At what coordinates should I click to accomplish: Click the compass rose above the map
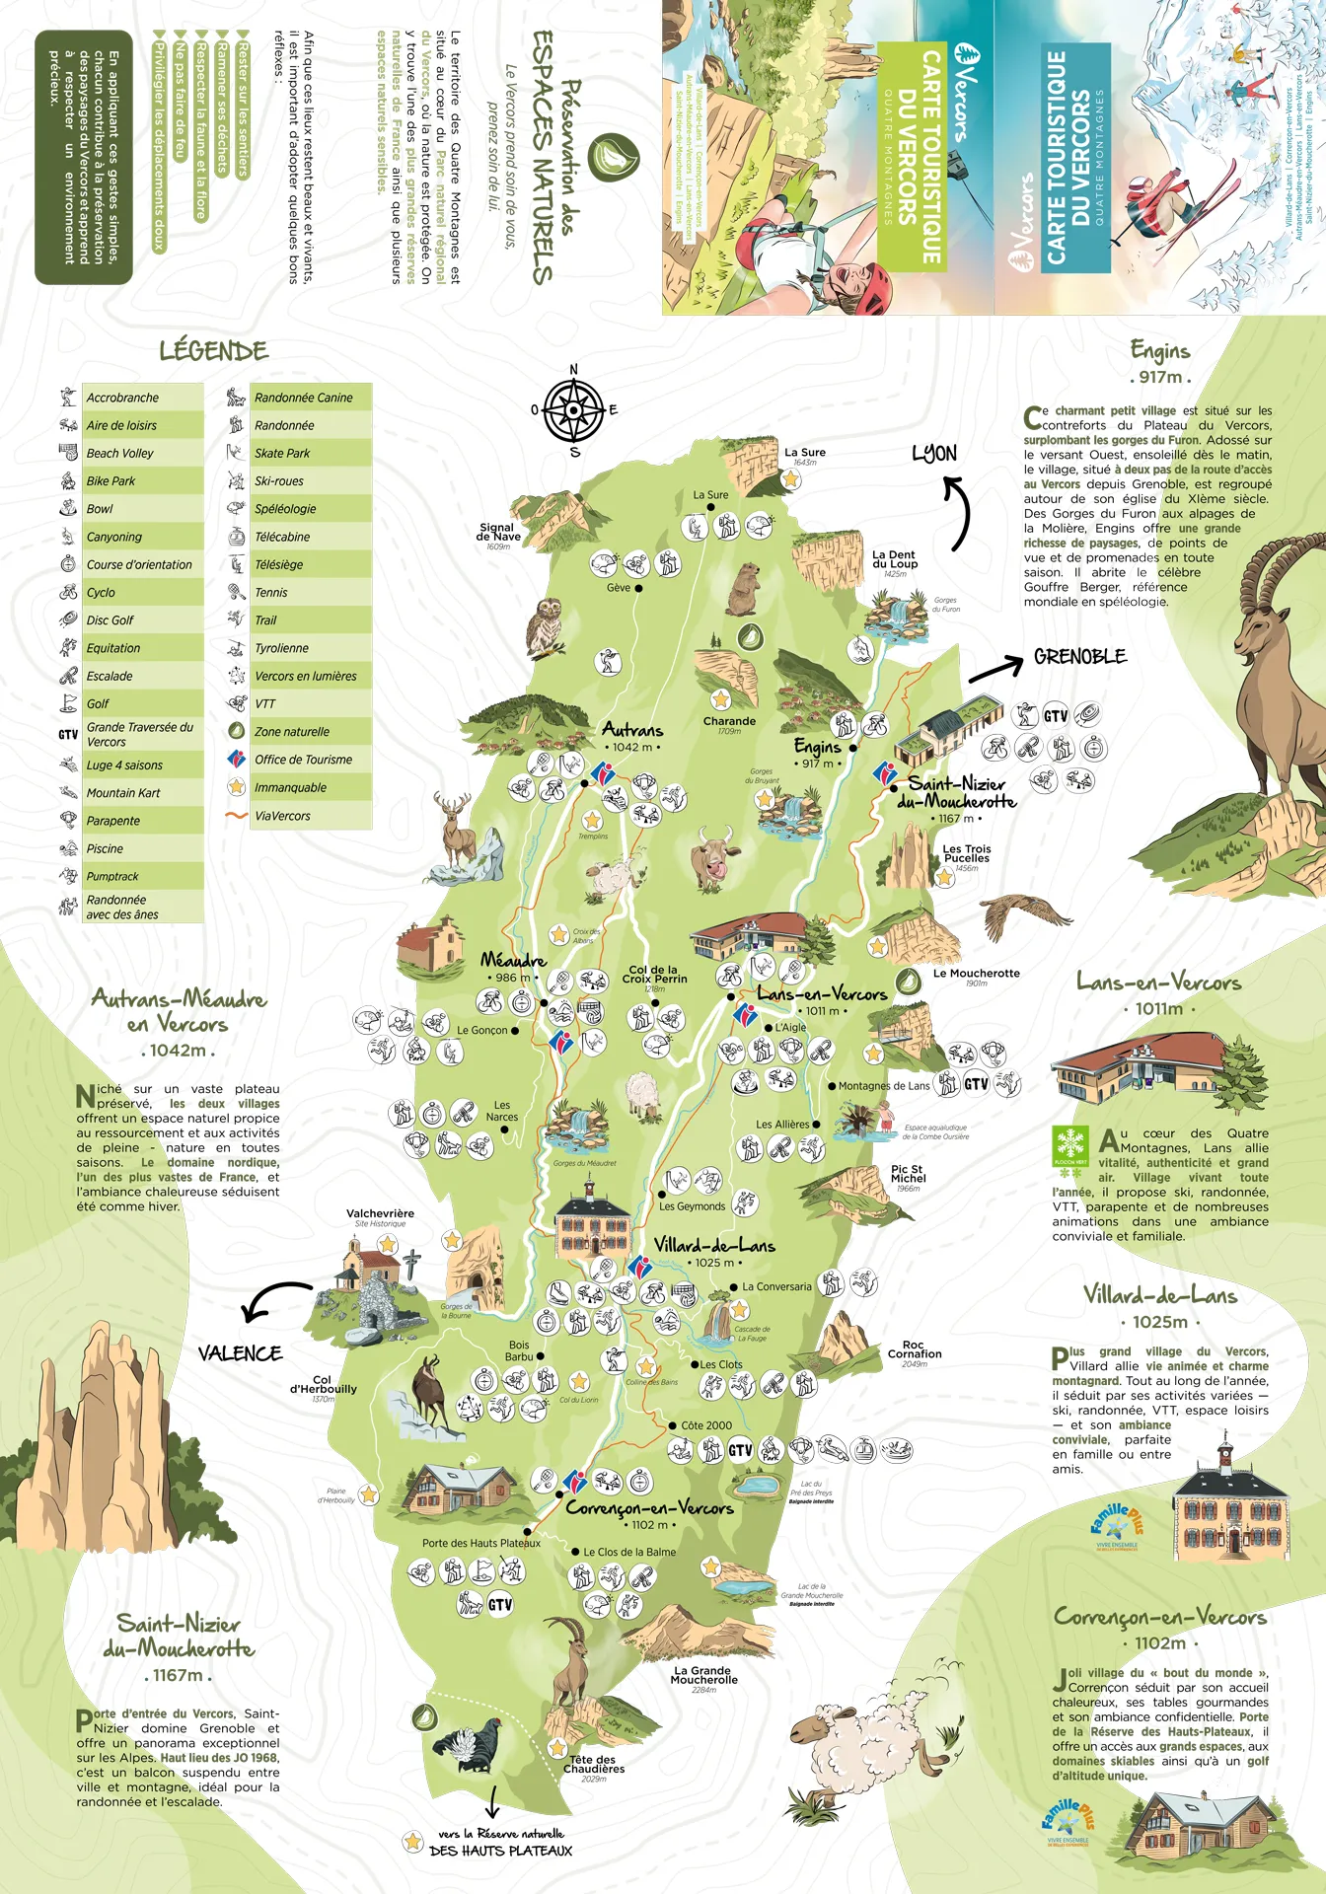click(573, 410)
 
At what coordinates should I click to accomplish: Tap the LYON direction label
click(933, 453)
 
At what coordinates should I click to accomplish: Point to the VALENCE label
click(240, 1353)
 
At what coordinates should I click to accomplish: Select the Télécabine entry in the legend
click(282, 537)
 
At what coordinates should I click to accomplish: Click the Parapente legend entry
click(113, 821)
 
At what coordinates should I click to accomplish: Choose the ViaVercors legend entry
click(282, 816)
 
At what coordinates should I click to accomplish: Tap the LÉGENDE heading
click(213, 351)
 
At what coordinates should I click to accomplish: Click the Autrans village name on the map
click(632, 730)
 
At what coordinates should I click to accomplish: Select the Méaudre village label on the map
click(513, 960)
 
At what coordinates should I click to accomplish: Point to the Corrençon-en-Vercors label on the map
click(649, 1507)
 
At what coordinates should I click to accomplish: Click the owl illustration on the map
click(545, 627)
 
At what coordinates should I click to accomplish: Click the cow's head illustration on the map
click(714, 856)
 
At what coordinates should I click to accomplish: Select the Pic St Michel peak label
click(908, 1174)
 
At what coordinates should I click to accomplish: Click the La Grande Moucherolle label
click(703, 1675)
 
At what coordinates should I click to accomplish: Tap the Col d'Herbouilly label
click(323, 1384)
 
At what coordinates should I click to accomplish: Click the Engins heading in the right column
click(1160, 351)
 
